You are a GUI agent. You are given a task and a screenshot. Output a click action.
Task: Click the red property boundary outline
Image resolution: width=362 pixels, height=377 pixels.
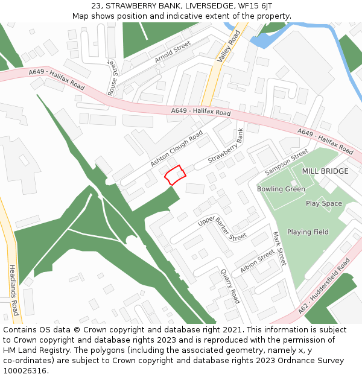pyautogui.click(x=175, y=175)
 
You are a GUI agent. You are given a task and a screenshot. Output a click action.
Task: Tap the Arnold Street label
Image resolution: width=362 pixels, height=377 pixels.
pyautogui.click(x=172, y=52)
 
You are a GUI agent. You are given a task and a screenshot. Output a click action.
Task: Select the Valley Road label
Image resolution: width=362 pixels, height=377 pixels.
pyautogui.click(x=229, y=46)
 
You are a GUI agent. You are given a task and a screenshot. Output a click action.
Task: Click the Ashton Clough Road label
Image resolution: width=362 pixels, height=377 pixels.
pyautogui.click(x=177, y=150)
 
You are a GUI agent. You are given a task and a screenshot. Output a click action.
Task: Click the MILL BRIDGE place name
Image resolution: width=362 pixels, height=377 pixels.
pyautogui.click(x=325, y=171)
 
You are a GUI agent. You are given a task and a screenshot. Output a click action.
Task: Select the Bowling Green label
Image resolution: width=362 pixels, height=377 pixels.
pyautogui.click(x=281, y=189)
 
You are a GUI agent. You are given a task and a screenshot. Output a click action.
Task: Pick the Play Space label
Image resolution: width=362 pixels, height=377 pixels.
pyautogui.click(x=323, y=203)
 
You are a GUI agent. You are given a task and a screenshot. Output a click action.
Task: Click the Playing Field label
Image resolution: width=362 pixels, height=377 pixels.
pyautogui.click(x=308, y=232)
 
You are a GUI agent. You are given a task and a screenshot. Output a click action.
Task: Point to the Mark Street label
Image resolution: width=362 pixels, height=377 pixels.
pyautogui.click(x=278, y=249)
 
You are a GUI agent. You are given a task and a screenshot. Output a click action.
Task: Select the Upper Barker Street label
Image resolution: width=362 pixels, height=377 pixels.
pyautogui.click(x=222, y=229)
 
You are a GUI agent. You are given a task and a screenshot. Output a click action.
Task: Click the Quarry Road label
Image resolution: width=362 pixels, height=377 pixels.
pyautogui.click(x=230, y=286)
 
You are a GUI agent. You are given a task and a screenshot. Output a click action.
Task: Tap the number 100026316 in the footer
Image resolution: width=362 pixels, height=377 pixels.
pyautogui.click(x=25, y=370)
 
